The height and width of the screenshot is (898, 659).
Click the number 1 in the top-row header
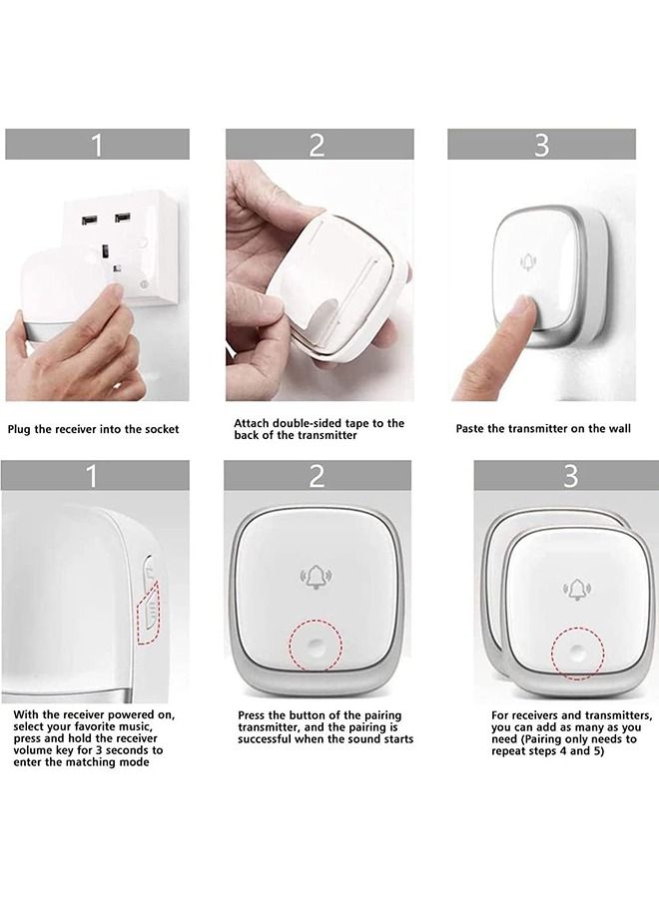(x=97, y=145)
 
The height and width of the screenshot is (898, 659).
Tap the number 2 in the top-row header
(x=317, y=145)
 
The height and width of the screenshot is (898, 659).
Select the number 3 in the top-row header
(x=541, y=145)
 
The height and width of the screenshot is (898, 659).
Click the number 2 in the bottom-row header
(x=317, y=476)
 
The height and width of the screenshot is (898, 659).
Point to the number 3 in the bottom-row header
(x=570, y=476)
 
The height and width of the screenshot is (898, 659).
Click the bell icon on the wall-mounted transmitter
(x=528, y=262)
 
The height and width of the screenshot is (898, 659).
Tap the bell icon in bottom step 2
(x=316, y=578)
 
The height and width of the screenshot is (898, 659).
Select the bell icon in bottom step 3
(x=577, y=590)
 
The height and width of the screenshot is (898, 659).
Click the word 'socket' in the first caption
(x=163, y=429)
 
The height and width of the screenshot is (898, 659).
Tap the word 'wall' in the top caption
(x=619, y=428)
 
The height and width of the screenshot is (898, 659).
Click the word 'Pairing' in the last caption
(x=542, y=738)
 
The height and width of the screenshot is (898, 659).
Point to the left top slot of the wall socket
(x=89, y=220)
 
